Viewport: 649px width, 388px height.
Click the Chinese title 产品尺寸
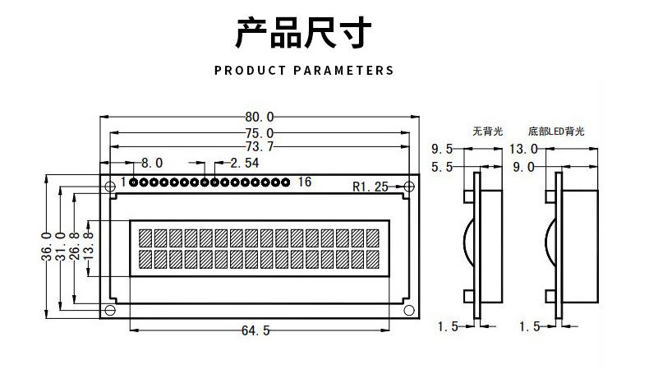304,33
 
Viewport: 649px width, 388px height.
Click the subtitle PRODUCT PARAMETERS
304,71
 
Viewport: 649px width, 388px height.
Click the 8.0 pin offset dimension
153,163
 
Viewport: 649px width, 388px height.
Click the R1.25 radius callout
370,187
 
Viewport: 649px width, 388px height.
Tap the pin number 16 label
304,182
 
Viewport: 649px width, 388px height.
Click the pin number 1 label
123,182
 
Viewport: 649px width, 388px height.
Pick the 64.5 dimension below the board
255,330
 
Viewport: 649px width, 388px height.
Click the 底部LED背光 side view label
557,131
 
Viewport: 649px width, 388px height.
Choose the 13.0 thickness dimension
523,150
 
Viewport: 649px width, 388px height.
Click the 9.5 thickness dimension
443,150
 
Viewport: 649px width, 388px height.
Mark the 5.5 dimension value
443,167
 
